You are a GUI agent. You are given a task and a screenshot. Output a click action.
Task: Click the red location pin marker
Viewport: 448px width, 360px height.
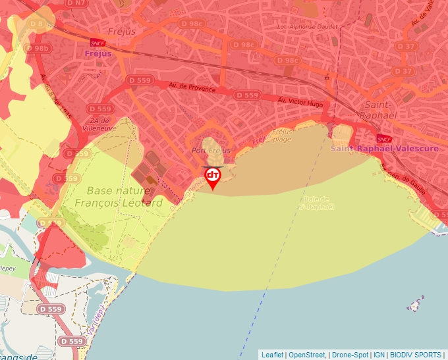click(x=213, y=177)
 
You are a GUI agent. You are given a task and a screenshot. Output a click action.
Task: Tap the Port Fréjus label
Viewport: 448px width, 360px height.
click(x=211, y=151)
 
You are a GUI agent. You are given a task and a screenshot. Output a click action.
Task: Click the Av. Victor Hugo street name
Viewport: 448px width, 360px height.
click(x=300, y=102)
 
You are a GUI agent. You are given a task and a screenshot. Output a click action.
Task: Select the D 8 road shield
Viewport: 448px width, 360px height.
click(x=37, y=25)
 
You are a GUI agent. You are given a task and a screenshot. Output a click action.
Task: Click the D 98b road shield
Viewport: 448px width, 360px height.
click(x=38, y=48)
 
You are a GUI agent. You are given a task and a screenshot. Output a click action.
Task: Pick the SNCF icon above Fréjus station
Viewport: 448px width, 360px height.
click(x=98, y=43)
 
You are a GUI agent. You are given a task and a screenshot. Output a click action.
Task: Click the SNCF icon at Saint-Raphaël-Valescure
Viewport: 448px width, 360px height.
click(x=385, y=139)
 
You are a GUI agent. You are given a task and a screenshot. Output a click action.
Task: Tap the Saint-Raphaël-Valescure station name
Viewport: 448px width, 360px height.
click(x=375, y=149)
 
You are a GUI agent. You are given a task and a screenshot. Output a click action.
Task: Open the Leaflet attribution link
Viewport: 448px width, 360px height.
click(x=272, y=355)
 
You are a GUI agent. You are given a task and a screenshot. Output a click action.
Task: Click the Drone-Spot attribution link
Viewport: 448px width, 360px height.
click(x=349, y=355)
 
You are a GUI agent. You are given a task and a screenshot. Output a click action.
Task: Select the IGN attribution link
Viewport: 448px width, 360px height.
click(x=379, y=355)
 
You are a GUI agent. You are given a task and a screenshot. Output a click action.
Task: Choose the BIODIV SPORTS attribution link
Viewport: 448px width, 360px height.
click(x=416, y=355)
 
